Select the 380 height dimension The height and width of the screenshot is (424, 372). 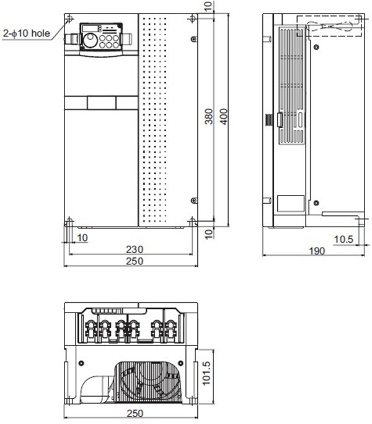coord(210,118)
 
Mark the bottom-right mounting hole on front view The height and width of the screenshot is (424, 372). coord(192,221)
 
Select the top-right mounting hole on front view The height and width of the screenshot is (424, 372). coord(192,19)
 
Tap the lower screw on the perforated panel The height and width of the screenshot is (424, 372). coord(193,201)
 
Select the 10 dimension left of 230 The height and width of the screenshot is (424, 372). coord(82,238)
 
